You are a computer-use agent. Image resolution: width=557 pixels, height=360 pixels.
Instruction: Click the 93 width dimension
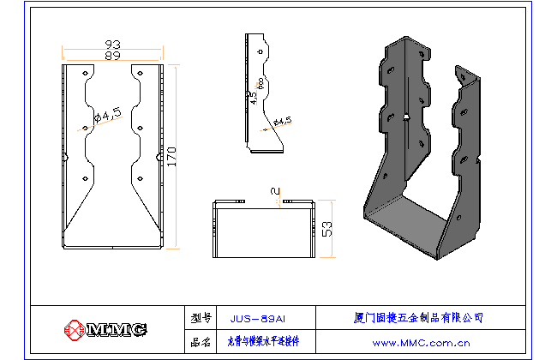pos(112,44)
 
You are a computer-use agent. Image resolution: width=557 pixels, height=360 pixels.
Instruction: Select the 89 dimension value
pos(112,55)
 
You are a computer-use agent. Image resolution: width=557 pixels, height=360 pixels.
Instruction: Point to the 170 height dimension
pos(172,156)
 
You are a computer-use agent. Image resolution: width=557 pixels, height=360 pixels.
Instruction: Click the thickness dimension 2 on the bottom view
pos(273,191)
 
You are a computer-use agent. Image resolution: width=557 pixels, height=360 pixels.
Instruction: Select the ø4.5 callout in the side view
pos(282,122)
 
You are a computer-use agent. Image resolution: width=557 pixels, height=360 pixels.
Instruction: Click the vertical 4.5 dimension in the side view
pos(253,99)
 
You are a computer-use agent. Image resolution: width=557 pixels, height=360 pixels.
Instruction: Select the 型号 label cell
pos(201,317)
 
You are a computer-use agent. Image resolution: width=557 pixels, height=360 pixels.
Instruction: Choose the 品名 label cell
pos(201,342)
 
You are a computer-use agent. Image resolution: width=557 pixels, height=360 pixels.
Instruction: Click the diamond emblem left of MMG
pos(75,330)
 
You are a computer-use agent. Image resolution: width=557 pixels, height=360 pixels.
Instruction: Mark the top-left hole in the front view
pos(85,75)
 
